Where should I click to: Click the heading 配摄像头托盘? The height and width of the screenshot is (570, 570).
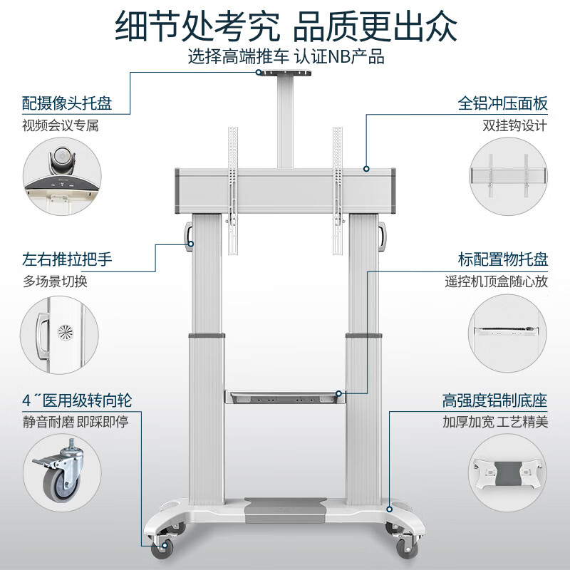click(67, 103)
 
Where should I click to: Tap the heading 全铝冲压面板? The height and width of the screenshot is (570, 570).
click(502, 103)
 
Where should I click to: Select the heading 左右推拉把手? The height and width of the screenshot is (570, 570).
click(67, 259)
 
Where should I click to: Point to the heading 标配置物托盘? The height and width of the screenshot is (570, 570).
click(502, 259)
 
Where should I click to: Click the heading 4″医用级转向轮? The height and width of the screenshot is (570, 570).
click(77, 400)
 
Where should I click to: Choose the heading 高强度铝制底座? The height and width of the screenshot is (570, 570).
click(494, 400)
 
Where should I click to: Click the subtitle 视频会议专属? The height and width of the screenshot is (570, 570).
click(61, 125)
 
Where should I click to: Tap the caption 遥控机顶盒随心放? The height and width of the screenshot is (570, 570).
click(496, 281)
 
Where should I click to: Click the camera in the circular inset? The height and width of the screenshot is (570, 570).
click(62, 162)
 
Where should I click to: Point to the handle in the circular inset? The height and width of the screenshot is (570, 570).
click(42, 335)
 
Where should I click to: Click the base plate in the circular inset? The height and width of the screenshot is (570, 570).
click(507, 473)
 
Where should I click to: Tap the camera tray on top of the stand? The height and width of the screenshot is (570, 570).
click(284, 73)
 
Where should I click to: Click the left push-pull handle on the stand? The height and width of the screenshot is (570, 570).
click(189, 237)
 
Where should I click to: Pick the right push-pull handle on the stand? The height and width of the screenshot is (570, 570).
click(382, 237)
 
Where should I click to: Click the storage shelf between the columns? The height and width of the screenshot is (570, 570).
click(284, 397)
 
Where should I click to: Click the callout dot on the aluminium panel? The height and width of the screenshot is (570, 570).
click(366, 169)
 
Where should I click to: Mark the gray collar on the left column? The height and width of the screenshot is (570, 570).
click(206, 335)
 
